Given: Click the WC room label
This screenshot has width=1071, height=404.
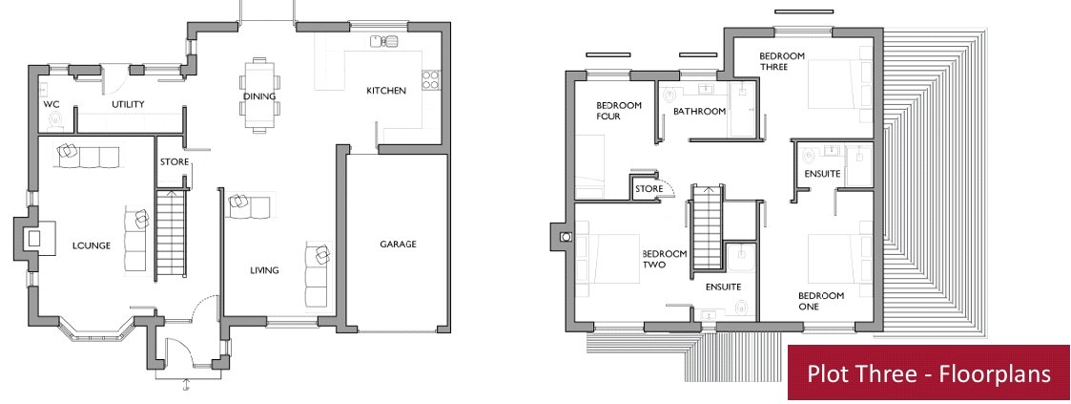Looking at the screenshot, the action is [x=51, y=105].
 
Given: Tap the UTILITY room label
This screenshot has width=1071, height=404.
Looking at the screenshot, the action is [x=129, y=105].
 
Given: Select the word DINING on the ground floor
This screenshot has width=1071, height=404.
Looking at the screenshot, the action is [x=259, y=96].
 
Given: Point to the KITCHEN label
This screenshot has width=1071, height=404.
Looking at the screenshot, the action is [x=386, y=90].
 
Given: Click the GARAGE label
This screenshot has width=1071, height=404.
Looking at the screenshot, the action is [x=398, y=245].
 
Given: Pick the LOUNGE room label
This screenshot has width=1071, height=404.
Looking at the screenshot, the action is [x=92, y=245].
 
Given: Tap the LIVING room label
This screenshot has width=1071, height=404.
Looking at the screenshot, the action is [x=264, y=270].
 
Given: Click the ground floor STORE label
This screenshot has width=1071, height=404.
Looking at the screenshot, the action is [x=175, y=162].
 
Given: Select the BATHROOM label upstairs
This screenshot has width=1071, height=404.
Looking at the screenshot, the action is [x=699, y=112].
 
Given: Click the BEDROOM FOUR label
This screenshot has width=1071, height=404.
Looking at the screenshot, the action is [x=619, y=111].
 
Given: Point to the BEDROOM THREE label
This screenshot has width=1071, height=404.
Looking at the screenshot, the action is [x=782, y=61].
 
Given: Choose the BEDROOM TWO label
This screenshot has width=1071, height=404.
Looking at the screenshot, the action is [x=665, y=259].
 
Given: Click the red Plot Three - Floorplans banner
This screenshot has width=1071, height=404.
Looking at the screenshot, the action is [x=929, y=372].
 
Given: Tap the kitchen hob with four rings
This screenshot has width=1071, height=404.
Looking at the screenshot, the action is [x=431, y=80].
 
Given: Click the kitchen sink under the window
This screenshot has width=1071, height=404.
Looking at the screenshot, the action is [x=384, y=42].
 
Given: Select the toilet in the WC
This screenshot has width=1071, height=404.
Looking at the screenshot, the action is [x=55, y=120].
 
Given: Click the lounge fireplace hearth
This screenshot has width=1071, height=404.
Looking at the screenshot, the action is [x=31, y=238].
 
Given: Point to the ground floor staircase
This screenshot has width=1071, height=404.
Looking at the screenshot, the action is [x=172, y=233].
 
